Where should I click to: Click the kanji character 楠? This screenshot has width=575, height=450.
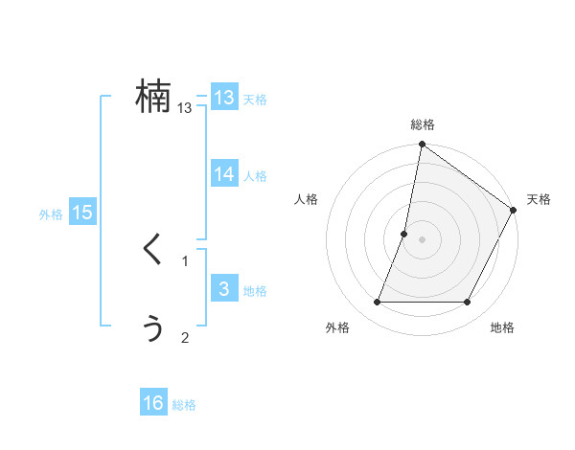(153, 97)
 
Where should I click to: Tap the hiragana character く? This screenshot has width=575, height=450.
(153, 251)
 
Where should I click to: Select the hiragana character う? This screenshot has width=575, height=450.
(153, 327)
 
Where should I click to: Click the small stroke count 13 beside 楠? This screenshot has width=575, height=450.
(185, 108)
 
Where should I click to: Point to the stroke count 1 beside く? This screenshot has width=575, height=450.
(185, 260)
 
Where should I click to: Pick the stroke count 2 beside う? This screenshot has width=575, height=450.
(185, 337)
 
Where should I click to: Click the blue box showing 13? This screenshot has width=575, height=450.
(224, 98)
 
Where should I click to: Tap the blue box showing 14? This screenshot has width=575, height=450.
(224, 174)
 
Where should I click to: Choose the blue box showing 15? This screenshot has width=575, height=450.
(82, 213)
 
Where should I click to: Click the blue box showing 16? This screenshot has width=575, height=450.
(153, 403)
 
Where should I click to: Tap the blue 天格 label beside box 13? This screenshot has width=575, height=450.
(255, 100)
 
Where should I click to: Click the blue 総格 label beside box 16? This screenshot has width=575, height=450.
(184, 405)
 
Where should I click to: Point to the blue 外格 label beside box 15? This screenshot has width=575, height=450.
(51, 214)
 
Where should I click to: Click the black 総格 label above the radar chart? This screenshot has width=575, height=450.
(423, 124)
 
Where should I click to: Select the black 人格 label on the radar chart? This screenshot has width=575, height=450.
(307, 199)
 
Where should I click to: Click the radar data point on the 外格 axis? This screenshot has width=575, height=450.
(377, 303)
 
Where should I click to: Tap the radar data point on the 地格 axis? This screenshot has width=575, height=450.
(468, 303)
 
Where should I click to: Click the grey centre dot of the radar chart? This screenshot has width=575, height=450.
(423, 239)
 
